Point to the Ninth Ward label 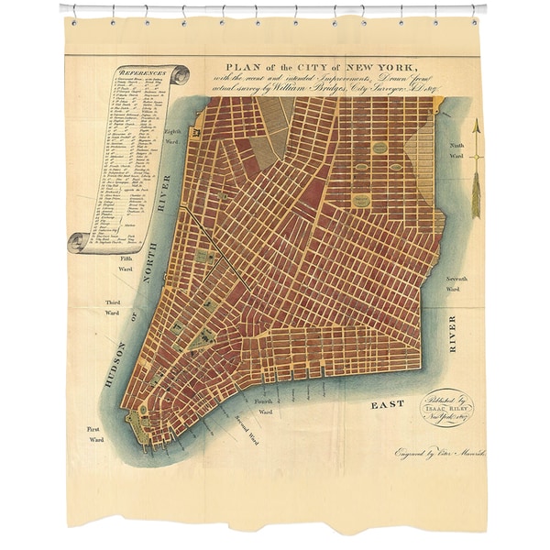456,150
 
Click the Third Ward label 112,307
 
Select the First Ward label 95,434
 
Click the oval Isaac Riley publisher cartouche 447,407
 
